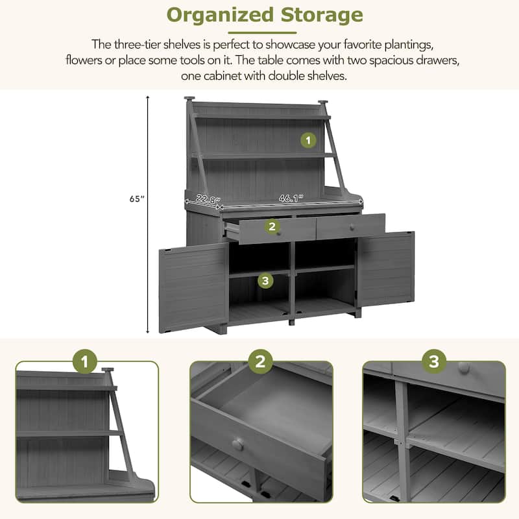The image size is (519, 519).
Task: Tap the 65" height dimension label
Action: pos(135,200)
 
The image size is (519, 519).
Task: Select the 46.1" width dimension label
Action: pos(289,199)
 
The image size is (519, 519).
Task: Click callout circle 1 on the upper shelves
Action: pos(308,139)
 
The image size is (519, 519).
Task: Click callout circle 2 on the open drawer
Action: pos(271,226)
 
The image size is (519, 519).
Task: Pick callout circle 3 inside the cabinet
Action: pos(265,280)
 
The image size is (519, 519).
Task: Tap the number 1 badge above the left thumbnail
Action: pos(86,361)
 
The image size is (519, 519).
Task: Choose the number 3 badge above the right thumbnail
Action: pos(434,361)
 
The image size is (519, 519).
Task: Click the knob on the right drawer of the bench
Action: pos(352,226)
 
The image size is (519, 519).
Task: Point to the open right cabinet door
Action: pos(386,269)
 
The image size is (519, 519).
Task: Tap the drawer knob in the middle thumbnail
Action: pos(238,445)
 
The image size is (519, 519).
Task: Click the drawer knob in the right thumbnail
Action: pos(463,367)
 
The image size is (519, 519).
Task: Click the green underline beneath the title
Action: pos(263,32)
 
